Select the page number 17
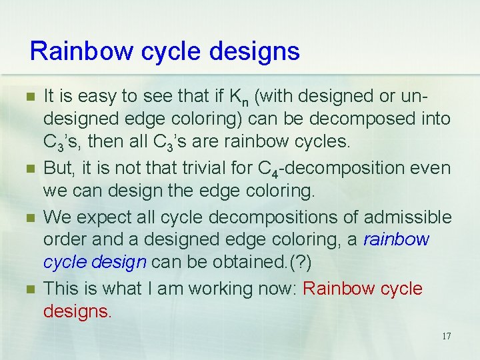[x=445, y=336]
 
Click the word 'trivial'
[x=226, y=169]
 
